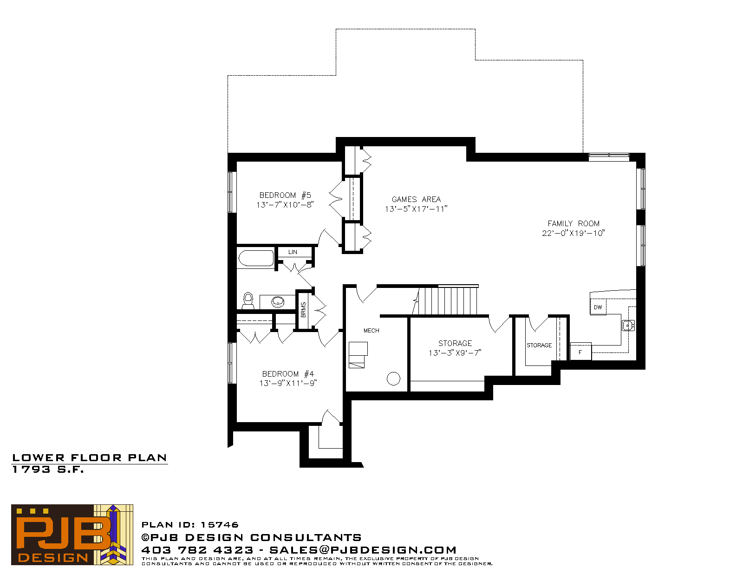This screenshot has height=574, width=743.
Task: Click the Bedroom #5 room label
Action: tap(285, 195)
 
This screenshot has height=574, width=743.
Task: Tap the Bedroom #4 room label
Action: tap(288, 374)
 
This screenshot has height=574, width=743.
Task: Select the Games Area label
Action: tap(416, 199)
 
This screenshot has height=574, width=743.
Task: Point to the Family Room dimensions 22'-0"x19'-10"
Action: tap(574, 233)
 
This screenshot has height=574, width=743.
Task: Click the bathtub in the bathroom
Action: tap(256, 258)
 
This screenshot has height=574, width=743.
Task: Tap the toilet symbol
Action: tap(248, 300)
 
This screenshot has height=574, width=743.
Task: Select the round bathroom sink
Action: tap(278, 302)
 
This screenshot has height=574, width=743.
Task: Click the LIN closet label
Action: tap(293, 252)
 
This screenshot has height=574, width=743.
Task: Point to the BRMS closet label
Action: tap(303, 310)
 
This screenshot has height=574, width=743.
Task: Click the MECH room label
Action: tap(371, 331)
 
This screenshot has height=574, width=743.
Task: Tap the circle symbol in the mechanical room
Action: tap(393, 379)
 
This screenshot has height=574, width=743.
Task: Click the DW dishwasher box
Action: tap(598, 307)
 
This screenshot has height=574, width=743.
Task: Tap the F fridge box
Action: tap(580, 352)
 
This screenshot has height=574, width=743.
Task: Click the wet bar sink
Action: tap(628, 326)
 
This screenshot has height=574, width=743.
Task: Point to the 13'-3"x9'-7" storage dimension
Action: tap(455, 353)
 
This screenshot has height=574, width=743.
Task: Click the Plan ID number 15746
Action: tap(220, 525)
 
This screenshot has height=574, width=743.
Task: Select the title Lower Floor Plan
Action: tap(90, 458)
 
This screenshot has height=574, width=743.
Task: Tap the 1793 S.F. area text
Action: tap(48, 470)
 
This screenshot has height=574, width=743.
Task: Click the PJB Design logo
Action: tap(72, 535)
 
